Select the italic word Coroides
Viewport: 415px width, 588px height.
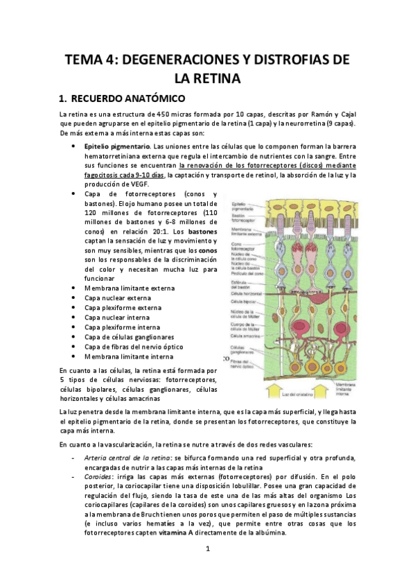(98, 477)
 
